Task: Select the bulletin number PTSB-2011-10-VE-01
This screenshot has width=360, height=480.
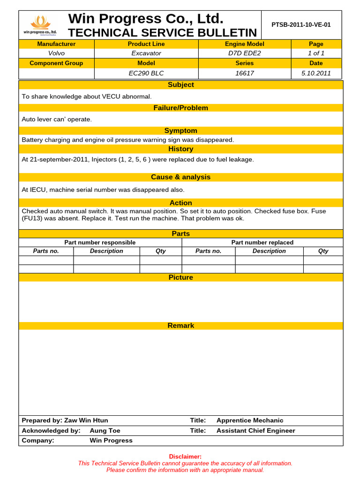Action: point(301,25)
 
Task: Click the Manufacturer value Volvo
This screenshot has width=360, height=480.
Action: point(56,53)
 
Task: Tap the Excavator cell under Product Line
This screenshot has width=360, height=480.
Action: point(146,53)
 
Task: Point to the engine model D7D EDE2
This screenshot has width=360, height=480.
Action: point(244,53)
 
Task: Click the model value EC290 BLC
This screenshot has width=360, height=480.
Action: point(146,73)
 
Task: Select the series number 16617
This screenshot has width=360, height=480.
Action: point(244,73)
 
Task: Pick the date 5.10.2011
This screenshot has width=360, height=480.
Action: point(316,73)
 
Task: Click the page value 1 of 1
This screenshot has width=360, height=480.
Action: point(316,53)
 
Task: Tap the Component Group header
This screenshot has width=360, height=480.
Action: point(56,63)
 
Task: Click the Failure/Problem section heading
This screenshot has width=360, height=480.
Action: point(180,108)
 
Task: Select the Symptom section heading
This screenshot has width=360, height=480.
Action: point(180,131)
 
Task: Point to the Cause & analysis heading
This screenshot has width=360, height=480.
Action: point(180,177)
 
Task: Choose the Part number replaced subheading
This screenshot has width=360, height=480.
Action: point(262,242)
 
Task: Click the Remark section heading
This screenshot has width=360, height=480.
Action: point(180,326)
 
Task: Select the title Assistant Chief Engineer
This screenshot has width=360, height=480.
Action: point(255,431)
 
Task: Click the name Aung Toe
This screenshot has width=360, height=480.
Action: point(105,431)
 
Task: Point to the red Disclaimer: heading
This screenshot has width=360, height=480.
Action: point(185,457)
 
